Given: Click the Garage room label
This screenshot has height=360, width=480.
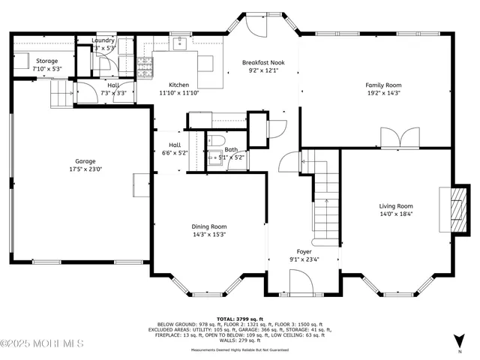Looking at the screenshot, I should click(85, 161).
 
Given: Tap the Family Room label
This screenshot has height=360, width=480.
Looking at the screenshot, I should click(383, 85).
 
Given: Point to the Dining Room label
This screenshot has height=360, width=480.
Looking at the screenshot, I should click(208, 226).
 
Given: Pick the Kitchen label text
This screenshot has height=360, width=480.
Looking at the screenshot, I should click(178, 85).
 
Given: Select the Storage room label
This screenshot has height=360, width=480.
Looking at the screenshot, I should click(46, 61).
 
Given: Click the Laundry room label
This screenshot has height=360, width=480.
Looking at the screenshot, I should click(103, 40).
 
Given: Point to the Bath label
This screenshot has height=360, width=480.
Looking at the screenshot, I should click(231, 149).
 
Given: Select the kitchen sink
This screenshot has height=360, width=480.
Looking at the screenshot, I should click(180, 44).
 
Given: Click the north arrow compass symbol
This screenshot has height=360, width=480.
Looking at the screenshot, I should click(460, 341).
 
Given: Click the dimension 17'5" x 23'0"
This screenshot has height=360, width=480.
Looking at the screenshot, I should click(85, 169).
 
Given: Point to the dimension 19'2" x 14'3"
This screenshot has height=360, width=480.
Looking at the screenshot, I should click(383, 94).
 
